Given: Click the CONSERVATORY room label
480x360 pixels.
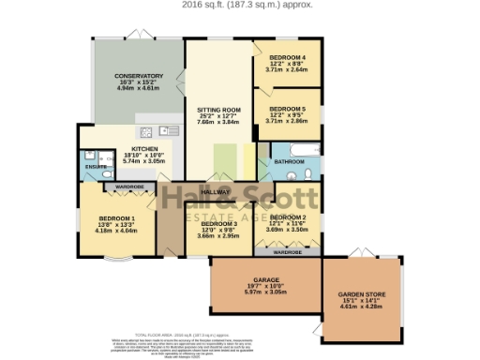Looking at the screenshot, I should pyautogui.click(x=139, y=76).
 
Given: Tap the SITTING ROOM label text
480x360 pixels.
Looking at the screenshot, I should pyautogui.click(x=218, y=109).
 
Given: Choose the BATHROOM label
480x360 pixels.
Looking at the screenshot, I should pyautogui.click(x=289, y=161).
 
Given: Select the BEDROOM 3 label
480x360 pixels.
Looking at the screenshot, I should pyautogui.click(x=205, y=223).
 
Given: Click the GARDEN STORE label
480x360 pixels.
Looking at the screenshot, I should pyautogui.click(x=361, y=293).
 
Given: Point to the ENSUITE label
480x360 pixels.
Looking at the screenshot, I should pyautogui.click(x=96, y=167).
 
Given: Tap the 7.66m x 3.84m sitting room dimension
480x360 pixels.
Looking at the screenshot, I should pyautogui.click(x=218, y=122).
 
